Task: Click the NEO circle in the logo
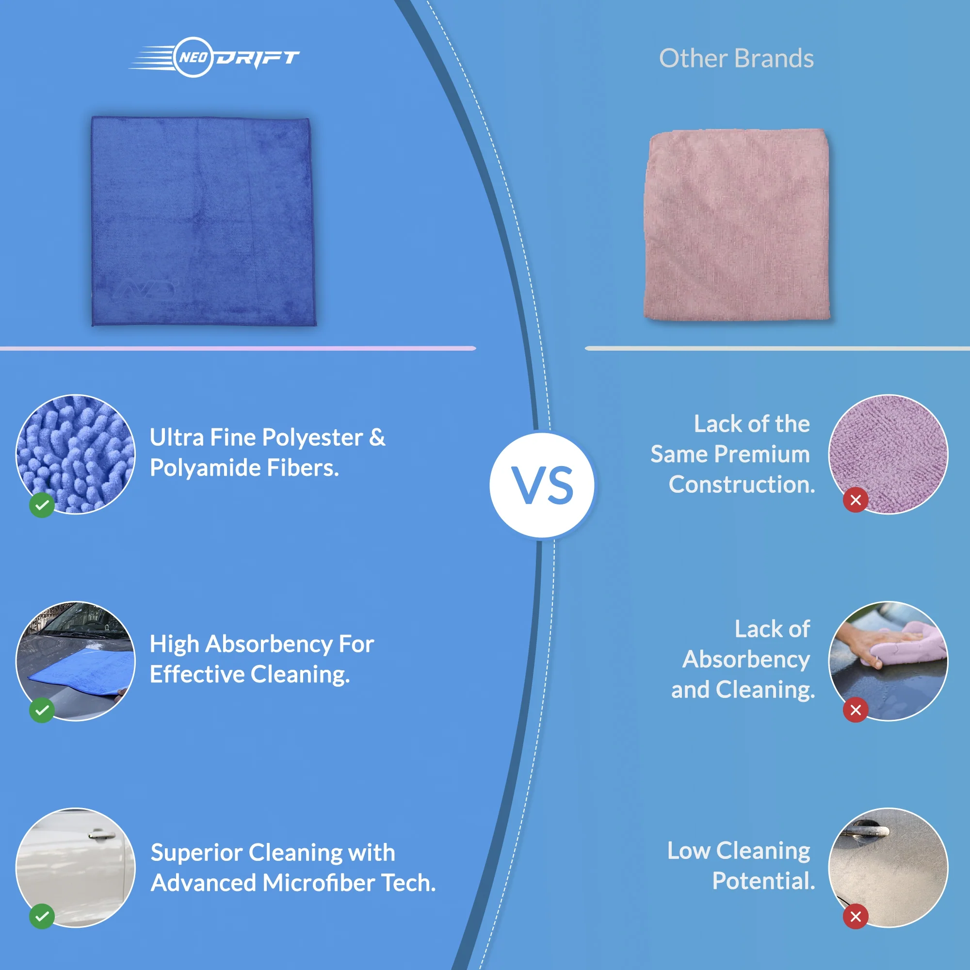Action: coord(193,57)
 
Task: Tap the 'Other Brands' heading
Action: coord(736,58)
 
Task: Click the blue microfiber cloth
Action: coord(203,221)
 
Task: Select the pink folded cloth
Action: coord(737,224)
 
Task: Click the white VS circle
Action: coord(542,485)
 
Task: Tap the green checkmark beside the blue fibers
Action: coord(42,504)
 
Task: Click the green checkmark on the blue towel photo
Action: coord(42,710)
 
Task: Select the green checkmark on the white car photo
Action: coord(42,916)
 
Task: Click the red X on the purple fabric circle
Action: coord(856,500)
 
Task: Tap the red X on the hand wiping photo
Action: coord(856,710)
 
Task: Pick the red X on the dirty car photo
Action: coord(856,916)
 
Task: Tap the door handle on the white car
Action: coord(102,834)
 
